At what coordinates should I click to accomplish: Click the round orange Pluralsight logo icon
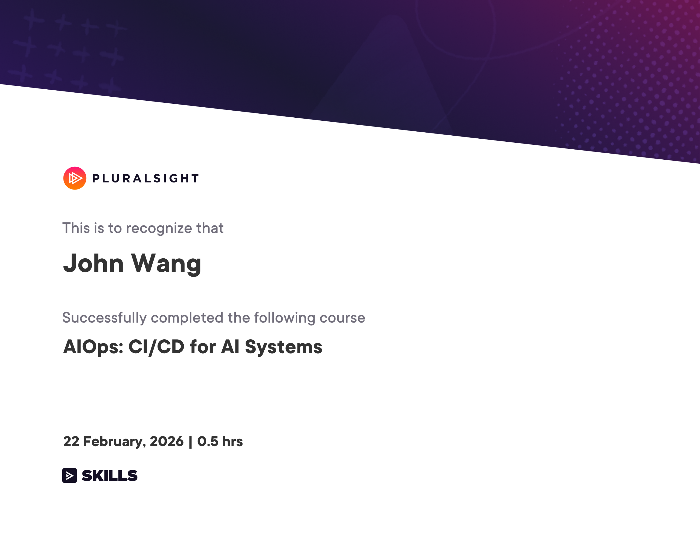click(x=75, y=178)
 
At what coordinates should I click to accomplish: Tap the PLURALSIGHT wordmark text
click(x=146, y=179)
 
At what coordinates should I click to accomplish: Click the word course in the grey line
click(x=342, y=318)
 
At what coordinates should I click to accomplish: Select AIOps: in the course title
click(x=93, y=347)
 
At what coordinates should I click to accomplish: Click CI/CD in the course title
click(x=156, y=347)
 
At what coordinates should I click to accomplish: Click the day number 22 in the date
click(x=71, y=441)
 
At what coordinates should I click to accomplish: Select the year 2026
click(x=166, y=441)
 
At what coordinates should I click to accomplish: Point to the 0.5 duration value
click(x=207, y=441)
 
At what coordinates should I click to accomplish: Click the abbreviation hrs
click(x=232, y=441)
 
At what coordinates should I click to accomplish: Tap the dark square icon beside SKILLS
click(x=70, y=475)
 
